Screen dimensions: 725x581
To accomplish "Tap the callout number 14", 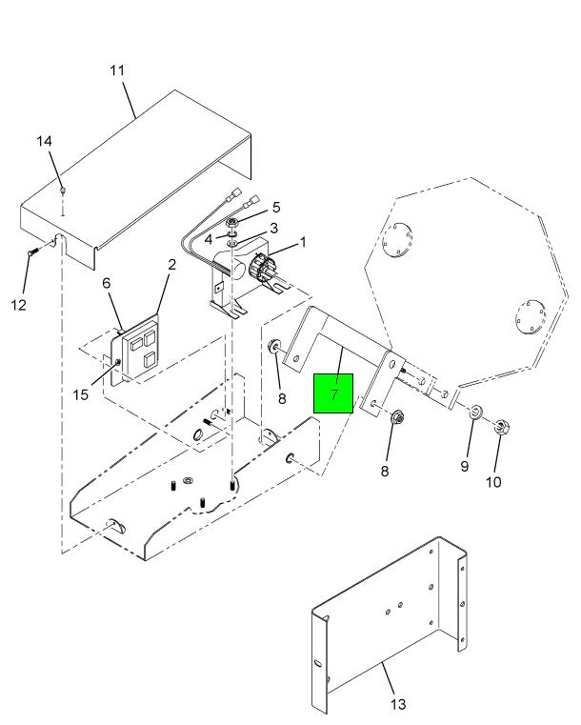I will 45,142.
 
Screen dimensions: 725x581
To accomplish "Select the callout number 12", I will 19,305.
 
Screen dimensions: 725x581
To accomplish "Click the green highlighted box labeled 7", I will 333,393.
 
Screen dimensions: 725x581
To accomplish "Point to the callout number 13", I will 398,704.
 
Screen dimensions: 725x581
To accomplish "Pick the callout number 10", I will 493,482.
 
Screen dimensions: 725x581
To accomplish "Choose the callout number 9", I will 465,467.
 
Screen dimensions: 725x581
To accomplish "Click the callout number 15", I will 84,392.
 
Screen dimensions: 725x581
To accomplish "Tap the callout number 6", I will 107,284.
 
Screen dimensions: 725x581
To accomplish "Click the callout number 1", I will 303,242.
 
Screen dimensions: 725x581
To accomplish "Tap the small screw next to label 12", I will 30,252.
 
